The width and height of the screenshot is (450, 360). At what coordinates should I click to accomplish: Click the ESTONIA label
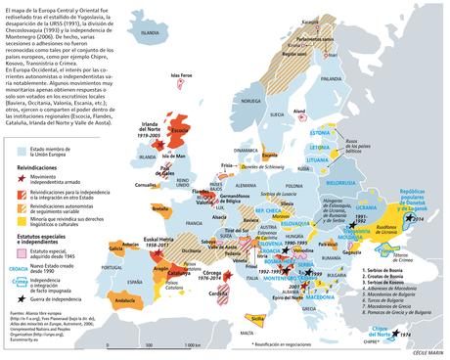(349, 130)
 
